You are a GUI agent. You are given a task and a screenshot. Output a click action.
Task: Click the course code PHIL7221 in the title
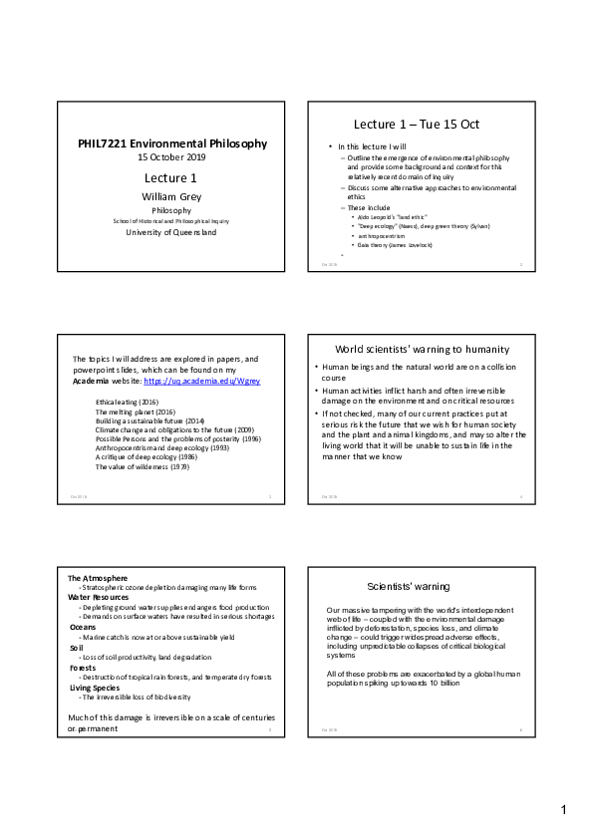pyautogui.click(x=108, y=143)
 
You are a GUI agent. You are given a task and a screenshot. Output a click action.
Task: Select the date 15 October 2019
pyautogui.click(x=171, y=157)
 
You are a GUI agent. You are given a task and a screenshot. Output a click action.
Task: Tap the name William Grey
pyautogui.click(x=171, y=196)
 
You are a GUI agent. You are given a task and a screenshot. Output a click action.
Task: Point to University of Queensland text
pyautogui.click(x=171, y=232)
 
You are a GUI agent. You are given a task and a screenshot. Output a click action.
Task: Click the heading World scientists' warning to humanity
pyautogui.click(x=423, y=349)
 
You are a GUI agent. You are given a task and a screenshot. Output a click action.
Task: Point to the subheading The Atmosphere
pyautogui.click(x=97, y=579)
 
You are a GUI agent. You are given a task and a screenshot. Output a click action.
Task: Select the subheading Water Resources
pyautogui.click(x=99, y=597)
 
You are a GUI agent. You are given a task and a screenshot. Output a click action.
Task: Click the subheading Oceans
pyautogui.click(x=83, y=627)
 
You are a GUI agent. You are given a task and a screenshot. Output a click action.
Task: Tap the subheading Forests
pyautogui.click(x=83, y=668)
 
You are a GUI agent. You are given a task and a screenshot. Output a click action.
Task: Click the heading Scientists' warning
pyautogui.click(x=410, y=586)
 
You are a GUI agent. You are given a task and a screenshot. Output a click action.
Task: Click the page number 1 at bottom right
pyautogui.click(x=563, y=809)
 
